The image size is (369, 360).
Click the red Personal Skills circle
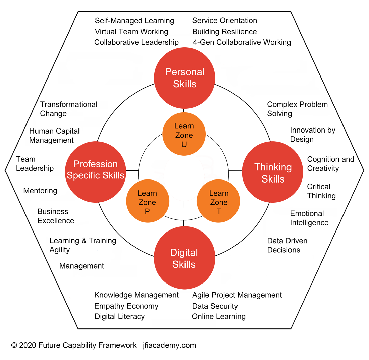pos(184,78)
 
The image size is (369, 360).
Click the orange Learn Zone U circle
pos(184,135)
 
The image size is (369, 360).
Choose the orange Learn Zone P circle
pos(147,202)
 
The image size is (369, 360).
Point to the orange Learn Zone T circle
pos(218,202)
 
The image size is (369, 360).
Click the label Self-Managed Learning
pos(135,21)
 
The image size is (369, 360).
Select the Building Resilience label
pos(224,32)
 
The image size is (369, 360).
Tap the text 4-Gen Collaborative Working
pos(242,42)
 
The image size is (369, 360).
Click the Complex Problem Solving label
pos(297,109)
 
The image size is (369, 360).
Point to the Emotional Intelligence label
pos(309,218)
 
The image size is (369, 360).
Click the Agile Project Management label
pos(237,295)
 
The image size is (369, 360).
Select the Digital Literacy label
pos(119,316)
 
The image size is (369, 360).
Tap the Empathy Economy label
pos(126,306)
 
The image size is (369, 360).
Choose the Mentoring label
pos(40,191)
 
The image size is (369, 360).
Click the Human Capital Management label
pos(54,136)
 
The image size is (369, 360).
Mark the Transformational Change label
pos(68,109)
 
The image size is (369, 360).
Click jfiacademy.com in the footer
pos(169,345)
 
